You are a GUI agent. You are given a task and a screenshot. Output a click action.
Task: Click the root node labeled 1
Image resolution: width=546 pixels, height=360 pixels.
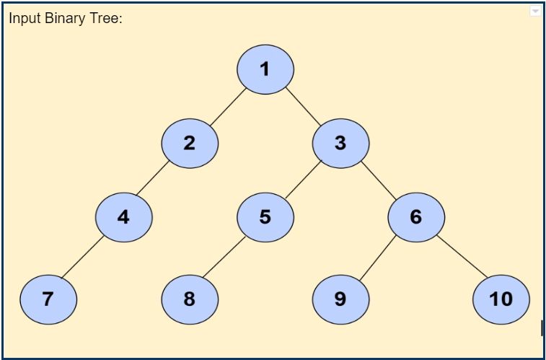tap(265, 69)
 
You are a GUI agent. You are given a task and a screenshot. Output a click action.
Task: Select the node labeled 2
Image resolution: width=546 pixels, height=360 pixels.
tap(190, 143)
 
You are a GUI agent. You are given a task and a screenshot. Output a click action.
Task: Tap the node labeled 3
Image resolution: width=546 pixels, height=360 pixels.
tap(340, 143)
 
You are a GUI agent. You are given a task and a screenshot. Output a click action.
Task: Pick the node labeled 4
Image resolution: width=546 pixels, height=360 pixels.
tap(124, 216)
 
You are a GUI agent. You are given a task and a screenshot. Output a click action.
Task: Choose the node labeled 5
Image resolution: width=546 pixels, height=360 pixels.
tap(265, 216)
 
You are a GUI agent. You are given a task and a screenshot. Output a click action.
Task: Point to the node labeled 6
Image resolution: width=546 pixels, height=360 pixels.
tap(416, 216)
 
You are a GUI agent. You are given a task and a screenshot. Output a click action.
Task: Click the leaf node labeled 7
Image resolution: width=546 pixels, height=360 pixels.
tap(48, 299)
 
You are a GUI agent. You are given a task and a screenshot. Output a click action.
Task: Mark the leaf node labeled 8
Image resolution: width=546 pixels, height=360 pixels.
tap(190, 299)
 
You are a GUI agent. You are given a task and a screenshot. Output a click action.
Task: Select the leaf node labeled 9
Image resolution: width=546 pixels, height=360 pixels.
tap(340, 299)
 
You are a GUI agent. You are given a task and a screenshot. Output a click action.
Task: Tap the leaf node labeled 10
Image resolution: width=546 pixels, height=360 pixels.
tap(501, 299)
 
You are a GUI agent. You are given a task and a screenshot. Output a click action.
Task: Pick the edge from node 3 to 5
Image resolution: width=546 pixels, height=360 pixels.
tap(303, 180)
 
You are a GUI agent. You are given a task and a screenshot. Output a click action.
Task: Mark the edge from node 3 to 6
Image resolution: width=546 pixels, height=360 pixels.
tap(379, 180)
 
